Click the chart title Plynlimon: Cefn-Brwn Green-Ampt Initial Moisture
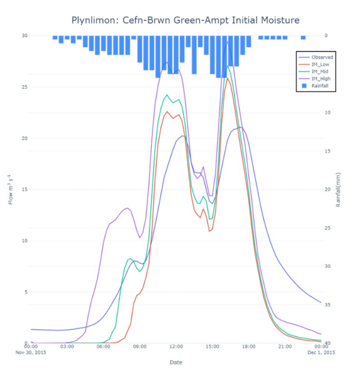coord(185,20)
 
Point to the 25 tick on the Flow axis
coord(24,87)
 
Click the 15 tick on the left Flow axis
coord(24,189)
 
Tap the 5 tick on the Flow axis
coord(26,292)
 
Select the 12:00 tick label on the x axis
coord(176,346)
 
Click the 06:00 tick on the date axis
coord(103,346)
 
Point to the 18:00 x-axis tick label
coord(248,346)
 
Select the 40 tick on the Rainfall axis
coord(327,343)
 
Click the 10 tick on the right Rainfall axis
coord(327,112)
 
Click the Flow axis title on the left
coord(10,189)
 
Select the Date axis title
coord(176,362)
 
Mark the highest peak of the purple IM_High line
coord(227,42)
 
